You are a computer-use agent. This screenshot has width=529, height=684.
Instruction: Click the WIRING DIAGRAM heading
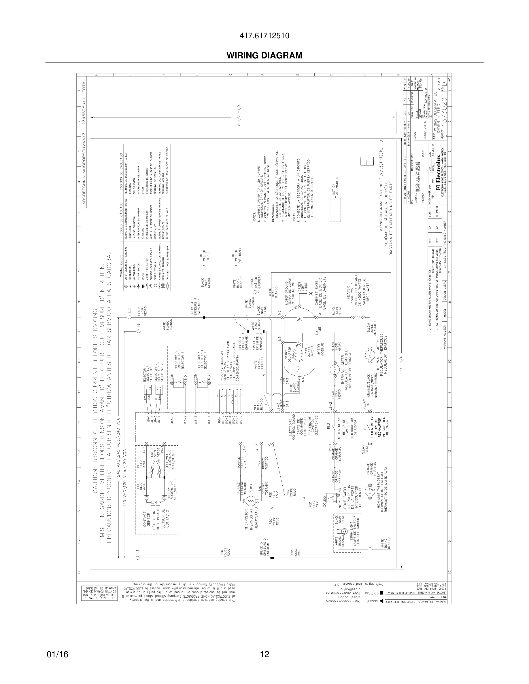[264, 56]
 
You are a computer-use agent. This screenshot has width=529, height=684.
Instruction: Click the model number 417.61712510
[264, 36]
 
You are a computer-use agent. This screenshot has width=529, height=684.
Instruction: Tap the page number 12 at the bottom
[264, 645]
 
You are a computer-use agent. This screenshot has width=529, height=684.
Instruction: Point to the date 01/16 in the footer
[57, 645]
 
